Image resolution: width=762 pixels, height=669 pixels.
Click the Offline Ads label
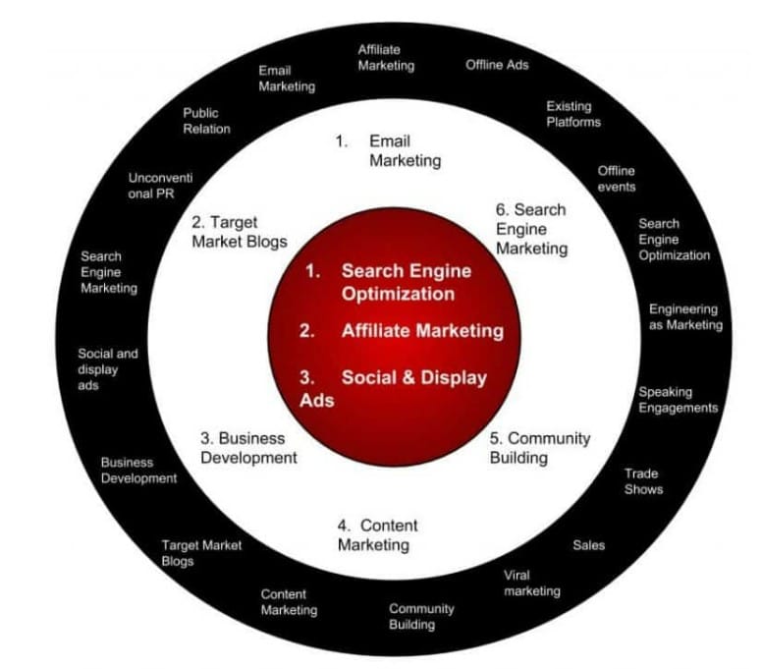pos(497,65)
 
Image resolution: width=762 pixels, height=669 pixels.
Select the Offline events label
pos(617,179)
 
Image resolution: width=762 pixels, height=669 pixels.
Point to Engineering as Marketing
pos(684,317)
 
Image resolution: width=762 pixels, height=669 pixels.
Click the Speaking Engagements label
pos(678,400)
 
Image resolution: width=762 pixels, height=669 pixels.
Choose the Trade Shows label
pos(643,481)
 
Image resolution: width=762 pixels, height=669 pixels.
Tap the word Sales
pos(589,544)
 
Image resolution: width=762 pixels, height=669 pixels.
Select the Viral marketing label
pos(531,583)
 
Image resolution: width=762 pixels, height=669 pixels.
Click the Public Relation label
pos(206,121)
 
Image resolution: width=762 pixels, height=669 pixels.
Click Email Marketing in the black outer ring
pos(287,79)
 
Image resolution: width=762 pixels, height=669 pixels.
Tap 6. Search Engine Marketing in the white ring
pos(531,229)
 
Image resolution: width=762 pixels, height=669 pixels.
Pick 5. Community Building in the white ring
pos(539,447)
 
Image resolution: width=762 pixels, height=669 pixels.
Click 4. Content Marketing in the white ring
pos(377,535)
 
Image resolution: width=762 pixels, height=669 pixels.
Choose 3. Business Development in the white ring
pos(247,447)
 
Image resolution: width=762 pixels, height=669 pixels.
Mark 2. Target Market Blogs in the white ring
pos(240,232)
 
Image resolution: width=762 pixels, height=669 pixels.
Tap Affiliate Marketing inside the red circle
pos(421,331)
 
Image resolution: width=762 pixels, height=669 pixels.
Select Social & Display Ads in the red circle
pos(403,387)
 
